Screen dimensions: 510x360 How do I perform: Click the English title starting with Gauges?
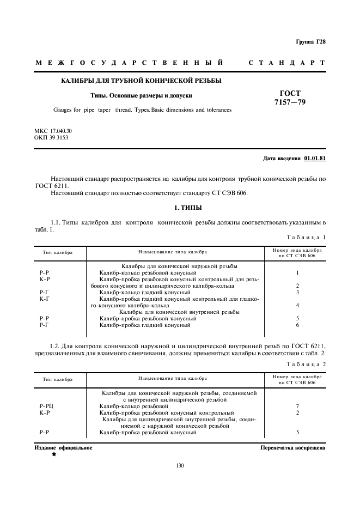click(142, 110)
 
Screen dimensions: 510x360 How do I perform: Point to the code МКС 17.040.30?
click(53, 131)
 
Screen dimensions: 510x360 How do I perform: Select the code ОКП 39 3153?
click(51, 138)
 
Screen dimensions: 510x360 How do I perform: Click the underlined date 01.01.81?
click(315, 159)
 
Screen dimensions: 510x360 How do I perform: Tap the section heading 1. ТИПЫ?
click(180, 208)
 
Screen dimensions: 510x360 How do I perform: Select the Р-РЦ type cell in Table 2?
click(46, 406)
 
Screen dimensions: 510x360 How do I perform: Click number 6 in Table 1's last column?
click(297, 325)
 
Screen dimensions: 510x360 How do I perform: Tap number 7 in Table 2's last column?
click(297, 406)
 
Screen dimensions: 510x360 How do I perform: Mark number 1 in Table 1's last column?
click(297, 272)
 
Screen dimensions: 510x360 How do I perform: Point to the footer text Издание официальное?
click(63, 448)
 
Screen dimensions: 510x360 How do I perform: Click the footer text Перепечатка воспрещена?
click(292, 448)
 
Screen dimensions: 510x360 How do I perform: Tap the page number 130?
click(180, 465)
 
